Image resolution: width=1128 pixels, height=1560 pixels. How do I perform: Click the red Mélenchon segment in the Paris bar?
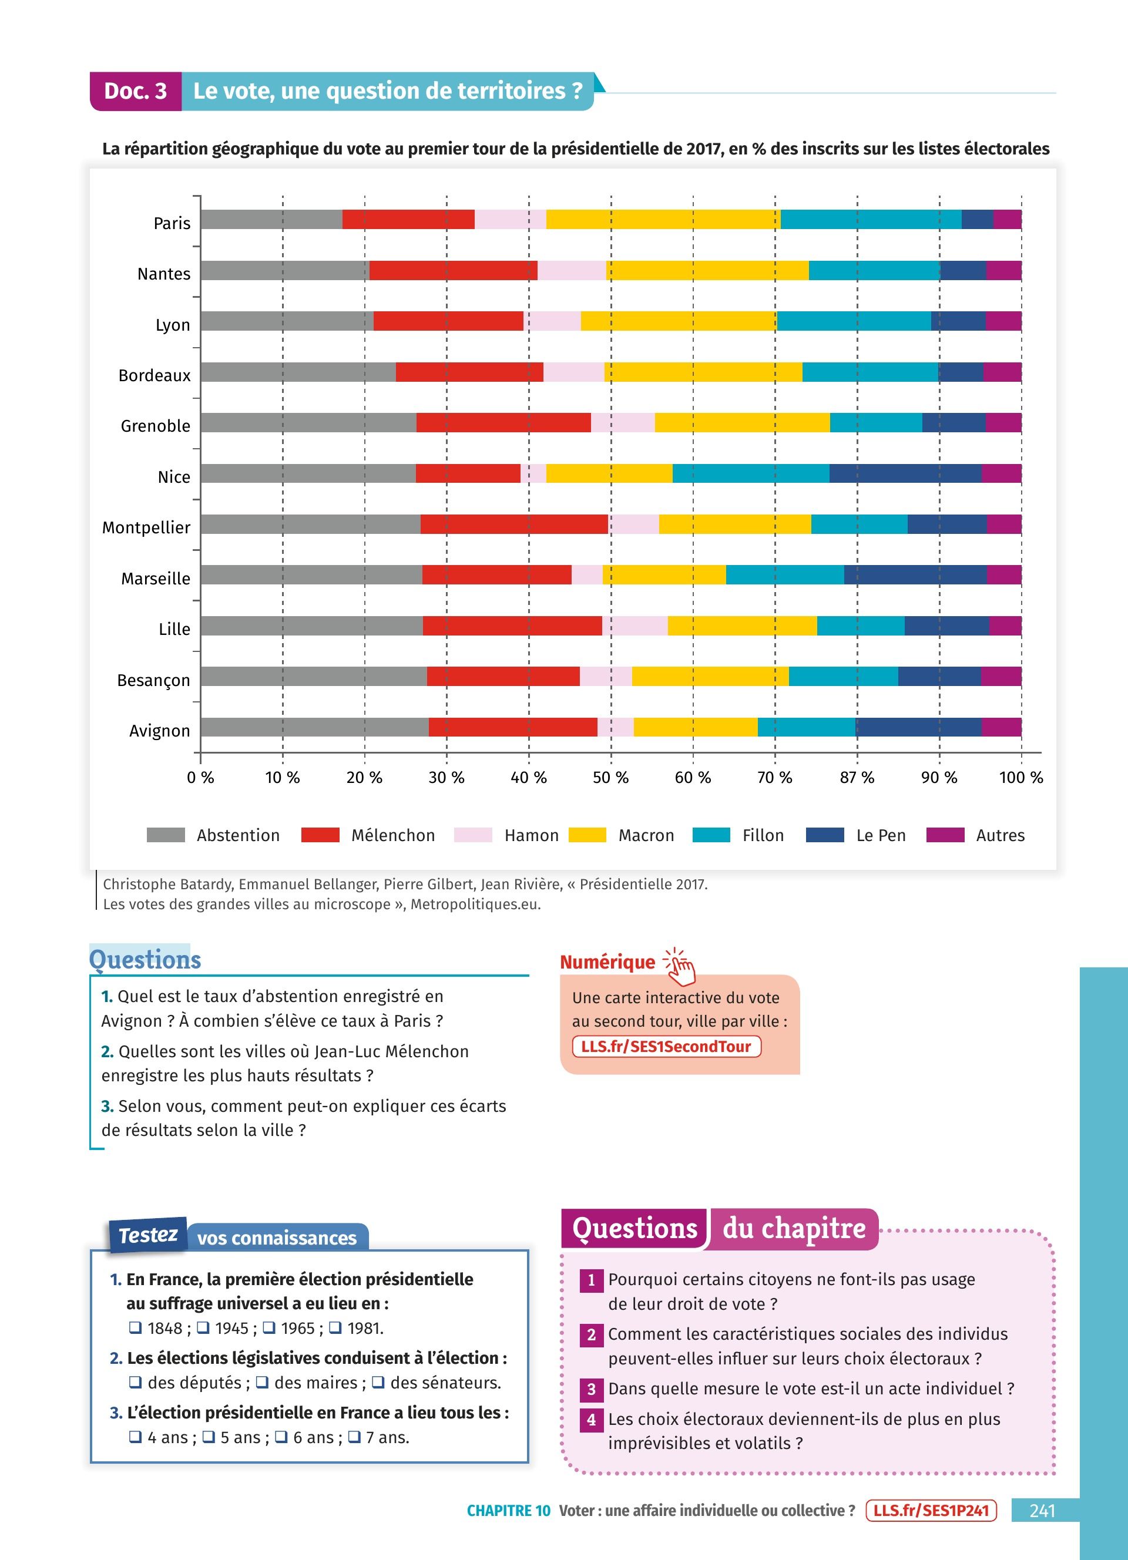(x=408, y=220)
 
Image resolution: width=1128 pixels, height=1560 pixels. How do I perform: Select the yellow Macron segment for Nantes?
(x=707, y=270)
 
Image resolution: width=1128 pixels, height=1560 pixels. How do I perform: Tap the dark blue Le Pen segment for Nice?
(x=905, y=473)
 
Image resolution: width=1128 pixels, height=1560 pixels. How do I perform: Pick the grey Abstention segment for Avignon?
(x=314, y=727)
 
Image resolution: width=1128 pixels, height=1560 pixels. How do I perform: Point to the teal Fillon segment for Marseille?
(x=785, y=574)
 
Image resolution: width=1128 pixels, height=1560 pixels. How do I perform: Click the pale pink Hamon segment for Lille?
(x=634, y=626)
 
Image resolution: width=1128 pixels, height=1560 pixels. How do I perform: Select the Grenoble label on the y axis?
(x=156, y=426)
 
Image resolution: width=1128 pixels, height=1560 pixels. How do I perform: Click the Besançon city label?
(x=153, y=680)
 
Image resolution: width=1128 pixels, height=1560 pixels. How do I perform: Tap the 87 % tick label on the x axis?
(x=857, y=778)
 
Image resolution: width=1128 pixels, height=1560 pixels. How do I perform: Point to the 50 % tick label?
(x=611, y=778)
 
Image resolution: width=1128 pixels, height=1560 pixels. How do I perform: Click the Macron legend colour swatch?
(x=587, y=835)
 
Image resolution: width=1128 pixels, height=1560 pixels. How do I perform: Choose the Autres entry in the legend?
(x=999, y=836)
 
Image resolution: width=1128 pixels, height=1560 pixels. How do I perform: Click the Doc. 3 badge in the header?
(x=136, y=91)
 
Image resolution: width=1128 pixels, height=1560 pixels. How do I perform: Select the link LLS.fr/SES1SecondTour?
(x=666, y=1046)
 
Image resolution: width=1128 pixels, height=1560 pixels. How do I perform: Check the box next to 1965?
(x=270, y=1327)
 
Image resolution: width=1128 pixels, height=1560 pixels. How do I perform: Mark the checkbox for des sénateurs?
(x=378, y=1382)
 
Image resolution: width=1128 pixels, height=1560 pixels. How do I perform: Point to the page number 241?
(x=1042, y=1511)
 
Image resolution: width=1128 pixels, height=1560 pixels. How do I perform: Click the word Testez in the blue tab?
(x=148, y=1235)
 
